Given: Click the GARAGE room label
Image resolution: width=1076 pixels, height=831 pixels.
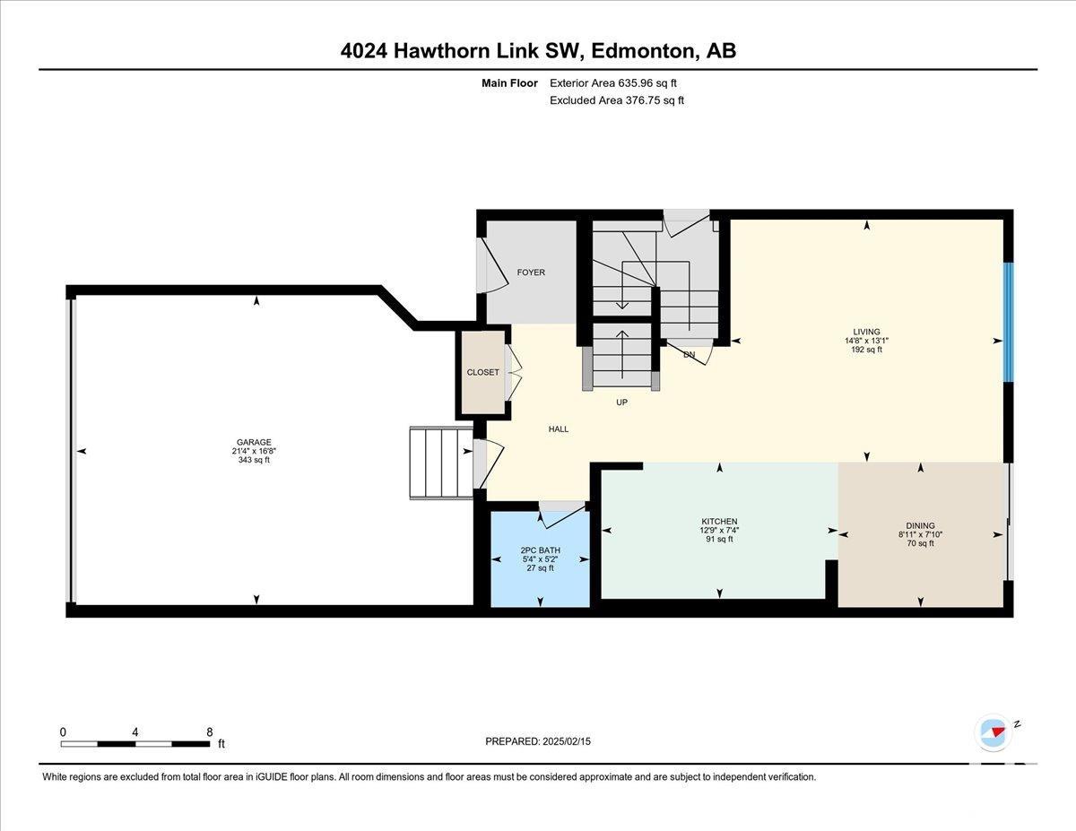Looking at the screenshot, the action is [x=254, y=443].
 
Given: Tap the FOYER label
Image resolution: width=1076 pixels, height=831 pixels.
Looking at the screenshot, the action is [x=531, y=273].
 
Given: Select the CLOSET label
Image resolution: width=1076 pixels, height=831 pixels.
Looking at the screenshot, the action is [x=482, y=372].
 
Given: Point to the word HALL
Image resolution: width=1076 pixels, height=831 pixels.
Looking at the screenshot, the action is [x=558, y=429].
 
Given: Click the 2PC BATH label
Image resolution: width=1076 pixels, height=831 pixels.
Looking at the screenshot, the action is [x=540, y=550].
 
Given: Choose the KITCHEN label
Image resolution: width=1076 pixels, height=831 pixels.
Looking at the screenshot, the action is [x=719, y=521].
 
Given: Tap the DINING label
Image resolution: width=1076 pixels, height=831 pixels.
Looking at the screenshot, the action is [x=921, y=525].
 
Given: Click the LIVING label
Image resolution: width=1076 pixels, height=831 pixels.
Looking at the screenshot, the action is [x=866, y=332].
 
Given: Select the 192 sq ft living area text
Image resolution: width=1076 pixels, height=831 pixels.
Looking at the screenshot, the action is [x=866, y=350].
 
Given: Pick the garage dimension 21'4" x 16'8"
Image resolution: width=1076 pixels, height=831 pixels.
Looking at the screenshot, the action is [x=254, y=451].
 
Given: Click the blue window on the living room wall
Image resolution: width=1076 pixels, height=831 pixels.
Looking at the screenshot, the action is [x=1009, y=322].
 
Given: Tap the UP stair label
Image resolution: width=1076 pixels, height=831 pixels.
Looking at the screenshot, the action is [x=622, y=403].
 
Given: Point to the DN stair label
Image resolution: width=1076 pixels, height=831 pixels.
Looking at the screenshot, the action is [x=690, y=354].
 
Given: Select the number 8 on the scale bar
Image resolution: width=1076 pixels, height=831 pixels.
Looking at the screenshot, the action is [x=210, y=732].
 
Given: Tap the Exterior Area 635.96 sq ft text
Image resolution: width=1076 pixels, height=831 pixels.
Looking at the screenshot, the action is [x=613, y=83].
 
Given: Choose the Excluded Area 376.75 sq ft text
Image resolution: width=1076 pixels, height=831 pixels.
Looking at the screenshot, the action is [x=617, y=100].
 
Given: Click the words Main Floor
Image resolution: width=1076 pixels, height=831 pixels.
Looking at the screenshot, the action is [x=509, y=83].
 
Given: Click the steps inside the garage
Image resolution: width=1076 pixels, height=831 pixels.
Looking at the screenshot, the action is [x=441, y=463].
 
